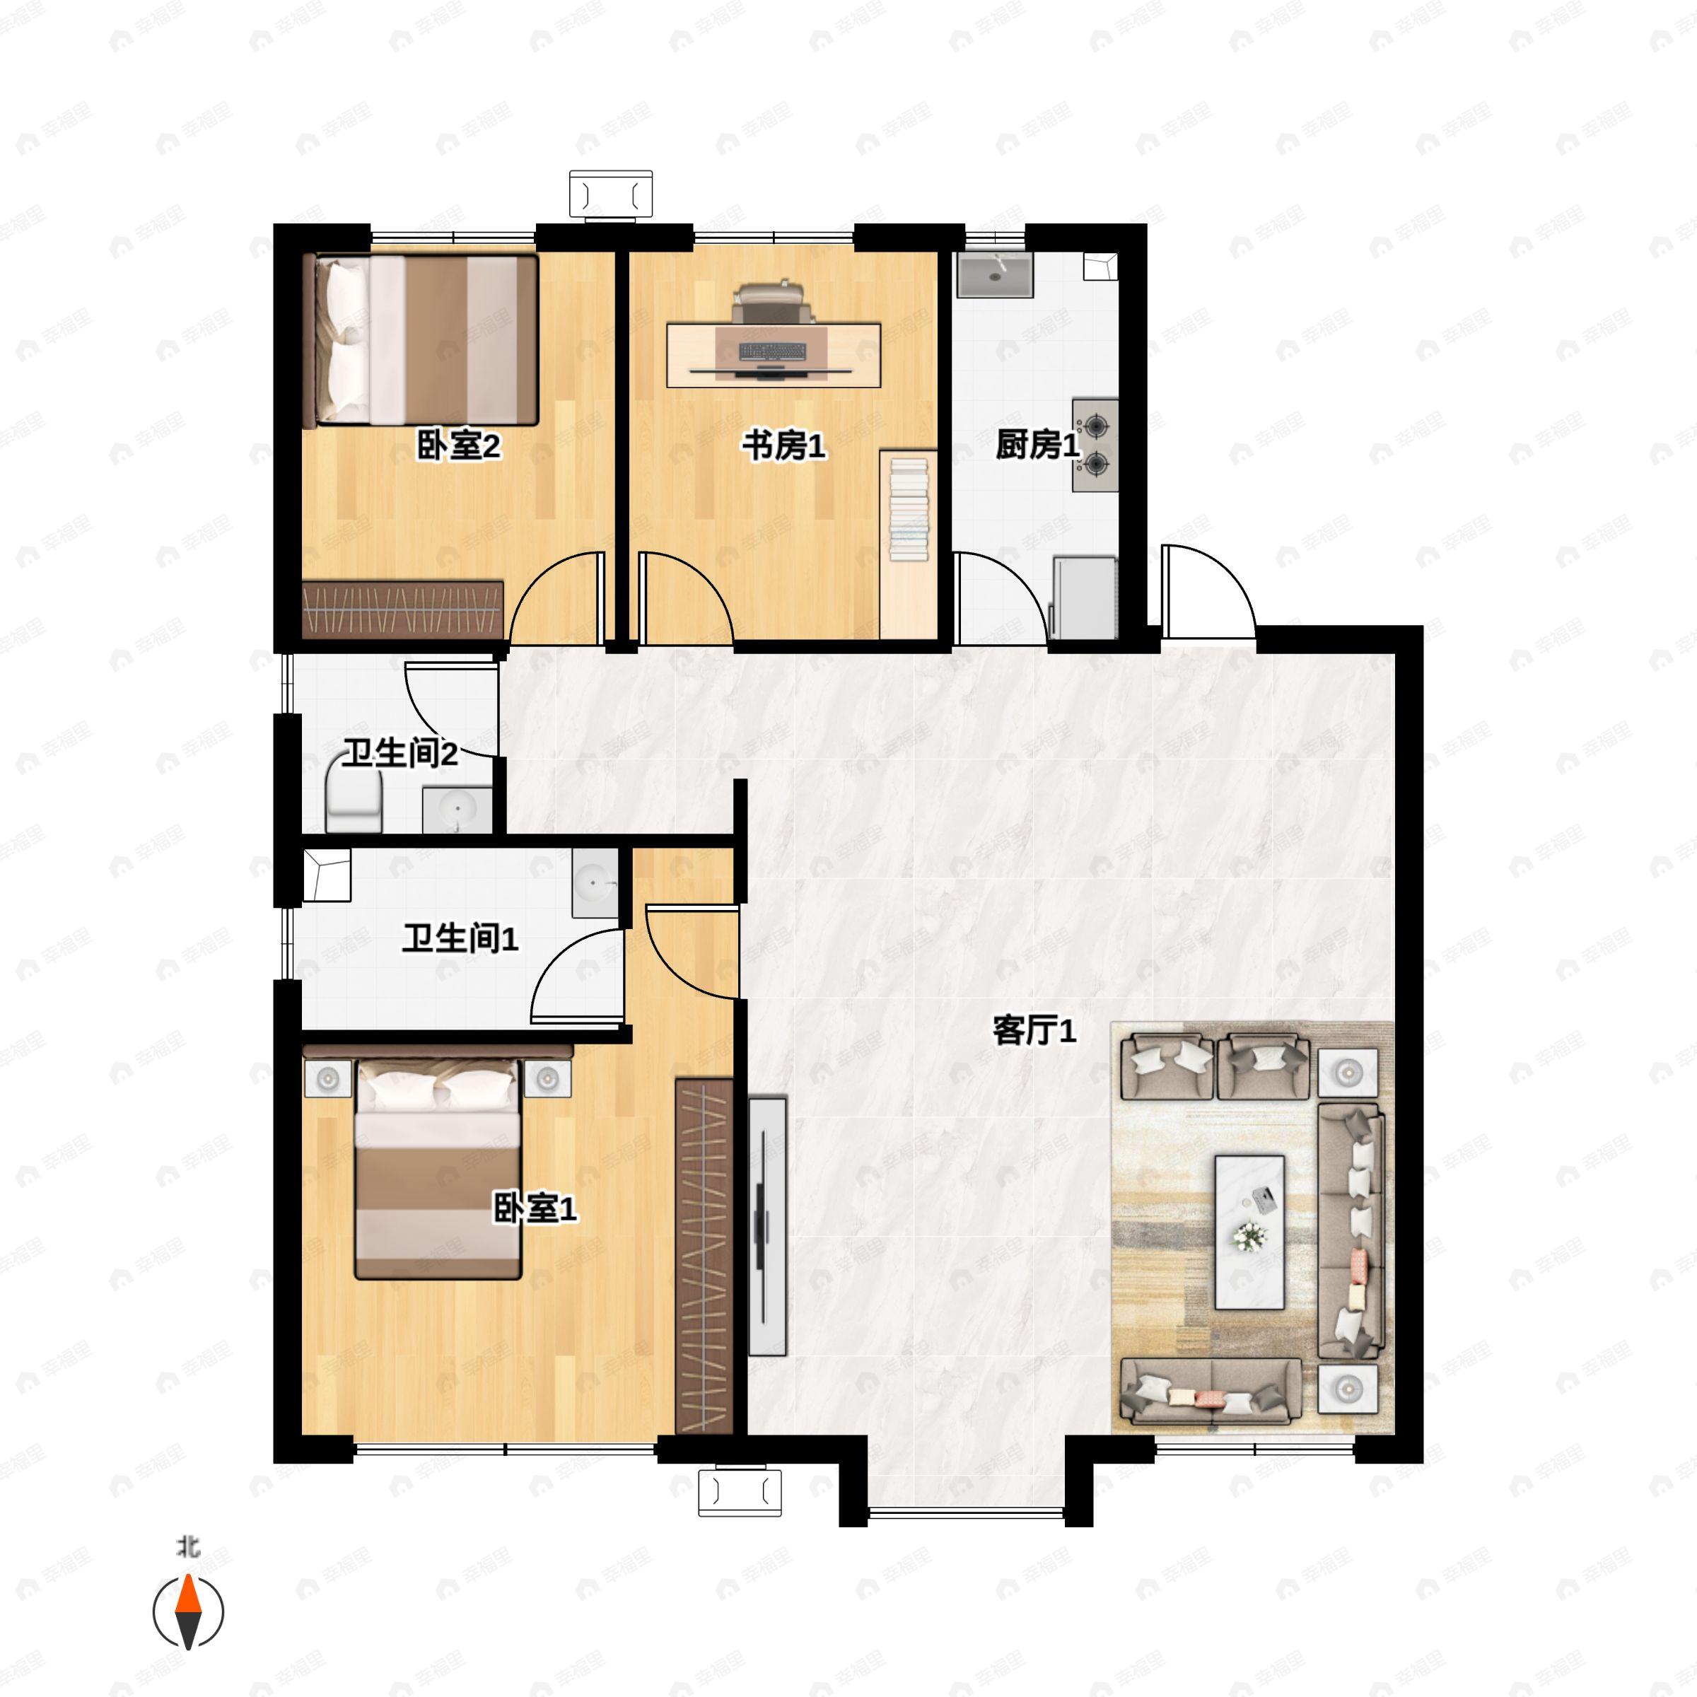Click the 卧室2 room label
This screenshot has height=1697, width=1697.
[x=457, y=445]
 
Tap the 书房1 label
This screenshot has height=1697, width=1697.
[x=783, y=445]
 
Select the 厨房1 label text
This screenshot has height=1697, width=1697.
[x=1037, y=445]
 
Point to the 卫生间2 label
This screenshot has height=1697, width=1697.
[x=400, y=753]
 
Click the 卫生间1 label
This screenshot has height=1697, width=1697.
[x=460, y=938]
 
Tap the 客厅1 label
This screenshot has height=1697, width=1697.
[x=1034, y=1030]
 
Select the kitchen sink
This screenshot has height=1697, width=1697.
[x=994, y=276]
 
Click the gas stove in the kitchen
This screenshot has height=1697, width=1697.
[x=1095, y=445]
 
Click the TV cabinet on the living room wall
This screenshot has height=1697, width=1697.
[x=766, y=1225]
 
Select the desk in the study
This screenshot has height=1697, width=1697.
[x=773, y=355]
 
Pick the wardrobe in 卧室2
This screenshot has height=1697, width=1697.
[x=402, y=609]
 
